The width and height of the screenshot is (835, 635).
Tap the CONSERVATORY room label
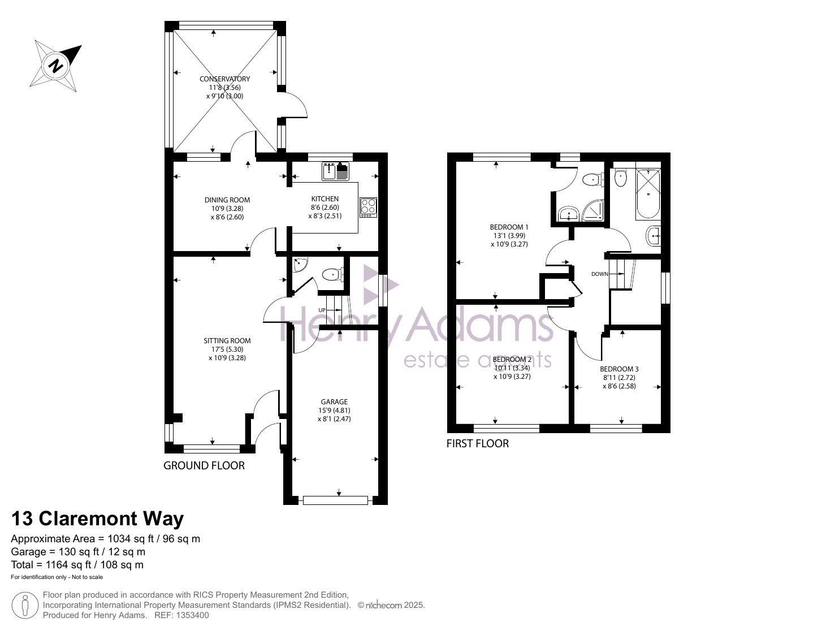click(225, 79)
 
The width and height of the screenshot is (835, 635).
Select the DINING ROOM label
click(227, 200)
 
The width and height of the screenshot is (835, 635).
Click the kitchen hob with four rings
click(368, 208)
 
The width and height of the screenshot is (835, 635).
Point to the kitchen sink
click(335, 171)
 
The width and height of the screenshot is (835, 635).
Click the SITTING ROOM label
click(227, 340)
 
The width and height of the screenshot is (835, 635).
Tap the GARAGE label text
click(334, 401)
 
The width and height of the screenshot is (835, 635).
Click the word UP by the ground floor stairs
click(322, 310)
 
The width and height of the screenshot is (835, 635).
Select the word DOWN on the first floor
click(599, 274)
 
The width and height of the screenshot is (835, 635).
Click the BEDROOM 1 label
click(509, 227)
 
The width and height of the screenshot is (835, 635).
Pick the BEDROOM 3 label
click(619, 369)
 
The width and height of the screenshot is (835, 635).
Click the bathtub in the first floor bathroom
click(648, 195)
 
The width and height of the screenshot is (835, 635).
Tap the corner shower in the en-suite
click(593, 210)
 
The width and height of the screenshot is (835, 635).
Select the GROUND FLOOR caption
click(204, 465)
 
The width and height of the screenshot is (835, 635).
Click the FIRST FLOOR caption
click(477, 443)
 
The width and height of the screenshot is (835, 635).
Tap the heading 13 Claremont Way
click(97, 518)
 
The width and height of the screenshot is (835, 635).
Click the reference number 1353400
click(192, 615)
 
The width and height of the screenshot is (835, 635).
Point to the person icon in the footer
click(25, 606)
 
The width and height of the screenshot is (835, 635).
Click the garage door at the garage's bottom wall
click(335, 500)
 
